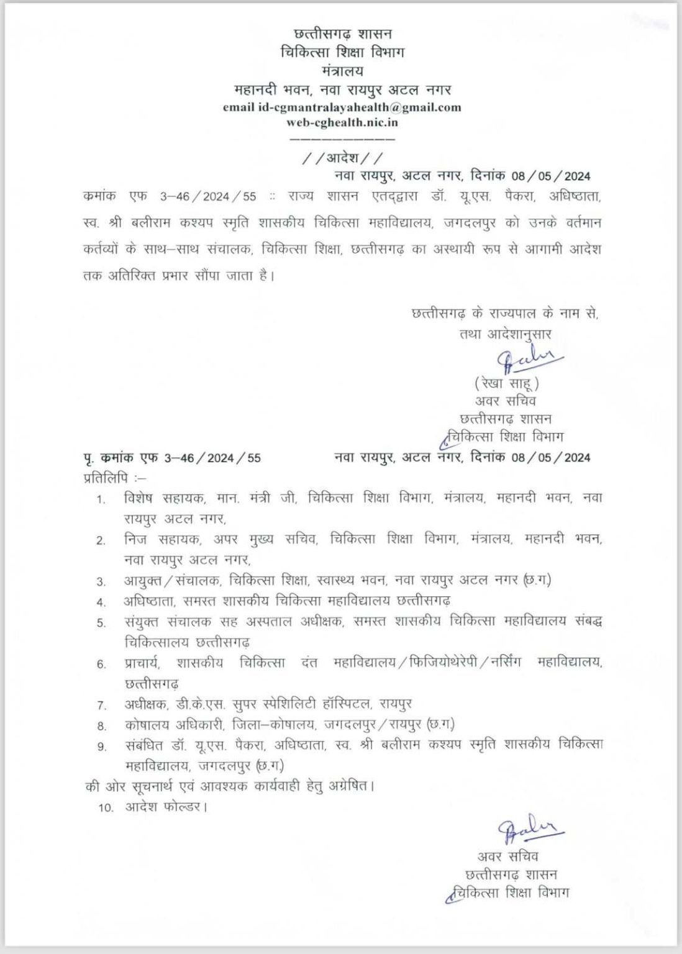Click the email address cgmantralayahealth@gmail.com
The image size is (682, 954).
360,107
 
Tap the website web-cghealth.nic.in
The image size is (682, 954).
342,122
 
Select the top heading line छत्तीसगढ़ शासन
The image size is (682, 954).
342,33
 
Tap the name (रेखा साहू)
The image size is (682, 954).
506,383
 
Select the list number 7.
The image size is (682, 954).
101,706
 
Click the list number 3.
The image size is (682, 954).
101,582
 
